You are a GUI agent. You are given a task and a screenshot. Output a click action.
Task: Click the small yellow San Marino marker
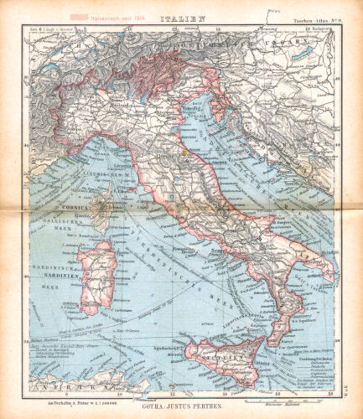pos(180,152)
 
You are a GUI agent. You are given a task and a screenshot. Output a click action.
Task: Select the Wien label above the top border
pos(275,10)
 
